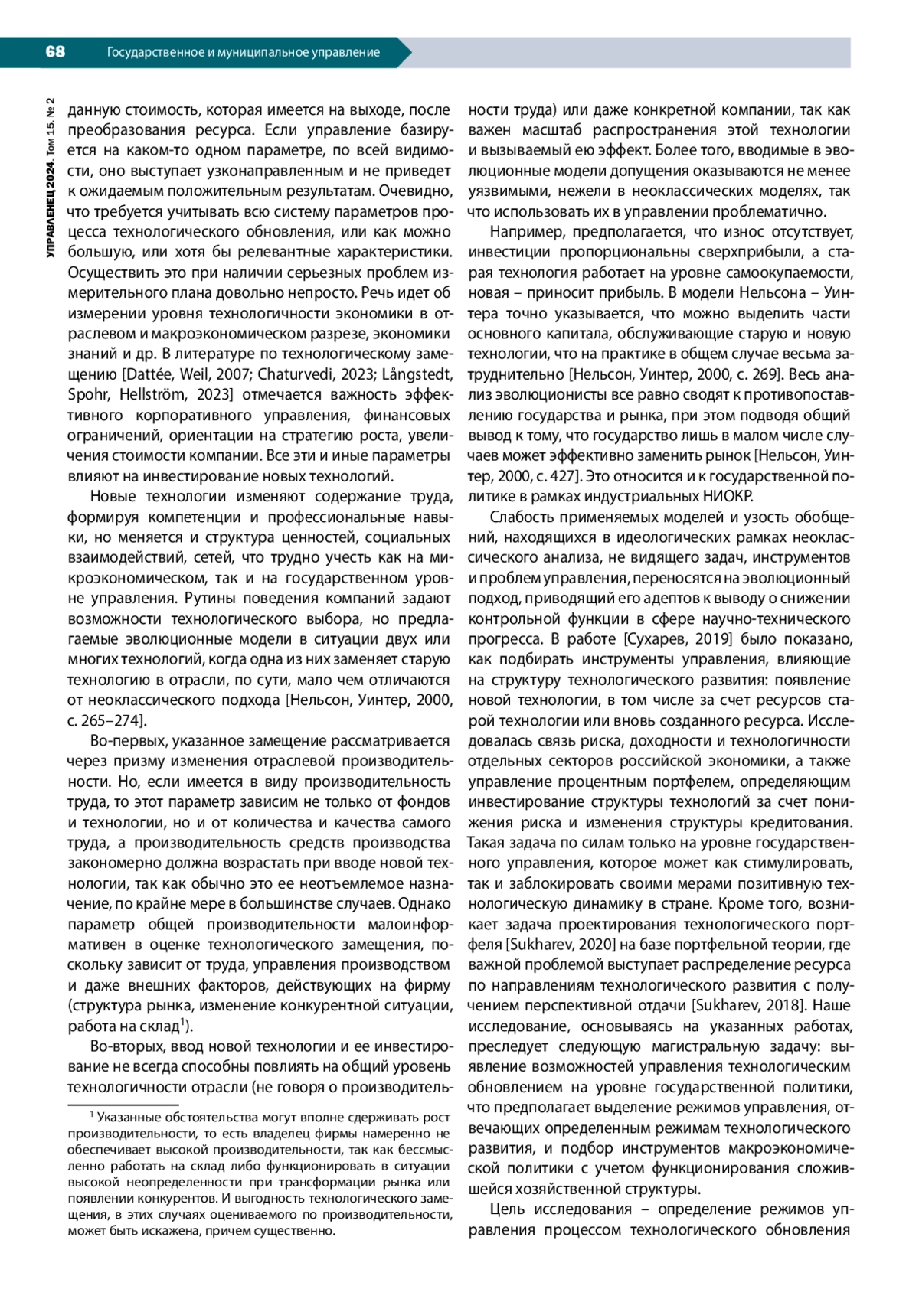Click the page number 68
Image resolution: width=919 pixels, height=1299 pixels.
point(55,51)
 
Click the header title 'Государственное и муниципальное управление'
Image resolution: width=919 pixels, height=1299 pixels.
point(244,52)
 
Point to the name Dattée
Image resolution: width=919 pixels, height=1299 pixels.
point(149,374)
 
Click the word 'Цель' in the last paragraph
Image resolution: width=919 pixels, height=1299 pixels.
point(507,1209)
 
